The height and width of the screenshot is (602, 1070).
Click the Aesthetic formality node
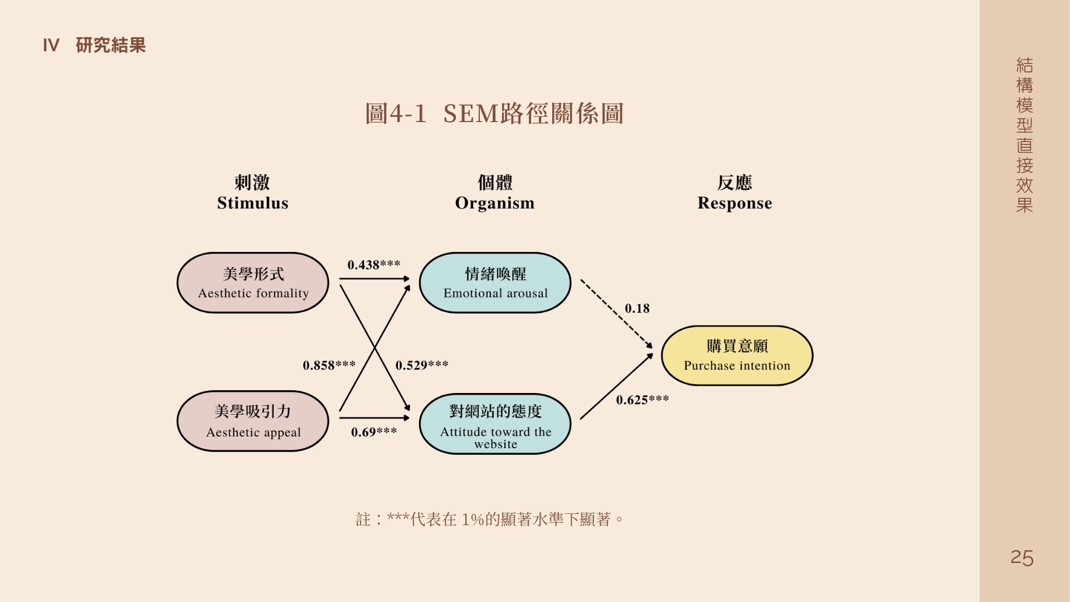click(253, 283)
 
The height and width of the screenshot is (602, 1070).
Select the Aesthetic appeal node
click(253, 421)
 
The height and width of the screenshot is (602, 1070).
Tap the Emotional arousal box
click(495, 283)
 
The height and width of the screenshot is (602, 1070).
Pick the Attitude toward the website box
click(495, 424)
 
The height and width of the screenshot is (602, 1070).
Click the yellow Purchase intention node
click(737, 356)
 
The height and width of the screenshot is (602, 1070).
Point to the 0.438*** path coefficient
click(373, 265)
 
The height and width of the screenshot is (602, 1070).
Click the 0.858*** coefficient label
click(329, 366)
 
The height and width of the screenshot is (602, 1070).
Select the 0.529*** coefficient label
click(422, 366)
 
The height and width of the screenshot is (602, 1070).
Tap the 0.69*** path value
click(373, 432)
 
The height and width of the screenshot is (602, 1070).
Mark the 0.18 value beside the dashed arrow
click(637, 309)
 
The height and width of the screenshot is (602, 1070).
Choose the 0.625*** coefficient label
click(642, 400)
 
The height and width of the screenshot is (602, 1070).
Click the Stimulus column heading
click(252, 193)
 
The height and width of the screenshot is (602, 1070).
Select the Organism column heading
click(495, 193)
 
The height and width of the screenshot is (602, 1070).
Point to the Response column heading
click(735, 193)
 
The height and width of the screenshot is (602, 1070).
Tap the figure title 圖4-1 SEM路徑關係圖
click(494, 114)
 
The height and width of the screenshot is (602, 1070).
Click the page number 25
click(1022, 557)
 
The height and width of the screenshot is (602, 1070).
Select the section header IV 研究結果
click(94, 45)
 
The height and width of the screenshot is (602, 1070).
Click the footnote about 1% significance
click(489, 520)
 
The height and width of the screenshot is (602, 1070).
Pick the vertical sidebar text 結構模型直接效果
click(1024, 135)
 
